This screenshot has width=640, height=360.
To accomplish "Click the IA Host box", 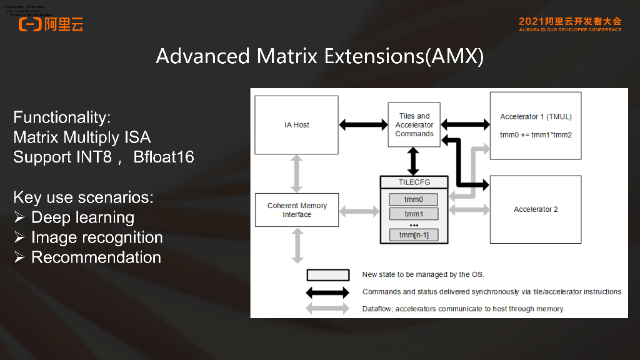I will (297, 125).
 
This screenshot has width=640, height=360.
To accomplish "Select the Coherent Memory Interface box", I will (297, 210).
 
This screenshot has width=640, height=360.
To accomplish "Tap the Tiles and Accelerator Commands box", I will (414, 125).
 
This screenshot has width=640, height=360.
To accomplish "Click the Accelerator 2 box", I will (536, 209).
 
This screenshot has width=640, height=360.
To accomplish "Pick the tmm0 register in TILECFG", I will (413, 200).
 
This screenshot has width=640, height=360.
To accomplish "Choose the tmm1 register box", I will (413, 214).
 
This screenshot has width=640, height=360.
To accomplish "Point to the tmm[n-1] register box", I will (413, 235).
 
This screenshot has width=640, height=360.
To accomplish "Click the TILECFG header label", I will (413, 182).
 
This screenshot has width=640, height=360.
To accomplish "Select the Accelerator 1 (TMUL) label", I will (536, 117).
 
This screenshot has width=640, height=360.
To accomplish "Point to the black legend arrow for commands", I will (327, 292).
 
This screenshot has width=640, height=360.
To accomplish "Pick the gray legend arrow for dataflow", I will (327, 309).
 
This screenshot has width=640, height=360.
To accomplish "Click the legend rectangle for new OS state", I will (327, 275).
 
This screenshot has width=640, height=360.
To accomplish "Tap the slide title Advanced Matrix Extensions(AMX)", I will (319, 56).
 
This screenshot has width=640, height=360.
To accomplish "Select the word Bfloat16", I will (164, 157).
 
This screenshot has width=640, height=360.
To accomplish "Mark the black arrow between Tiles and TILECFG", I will (413, 161).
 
